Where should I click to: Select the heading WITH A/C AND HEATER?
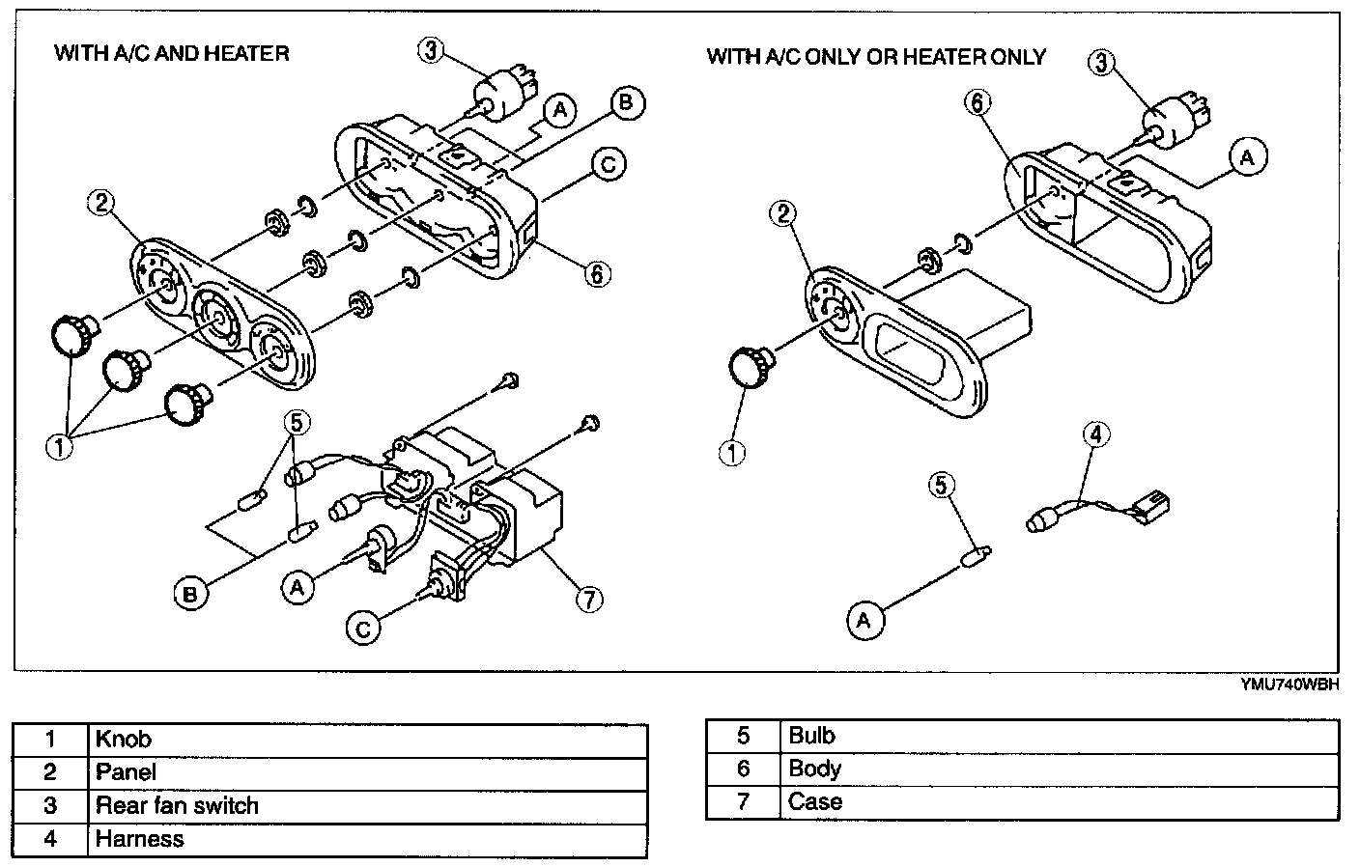pos(171,52)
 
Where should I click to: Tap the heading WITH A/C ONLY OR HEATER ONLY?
pos(875,56)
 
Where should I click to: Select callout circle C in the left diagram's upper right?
pos(608,165)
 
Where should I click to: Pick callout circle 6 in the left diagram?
pos(597,275)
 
